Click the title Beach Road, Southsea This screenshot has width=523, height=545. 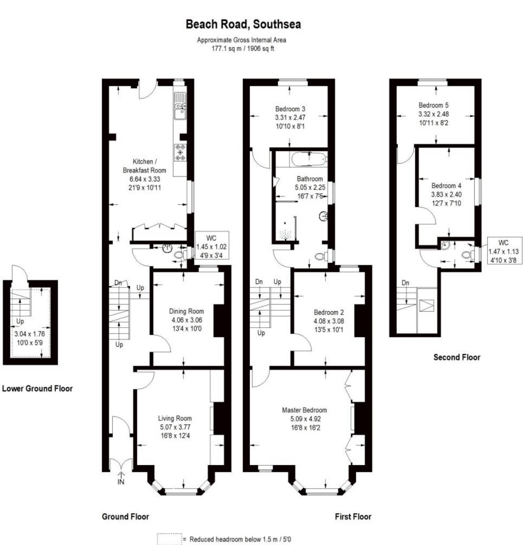(243, 24)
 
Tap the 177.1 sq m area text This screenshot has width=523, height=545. (226, 48)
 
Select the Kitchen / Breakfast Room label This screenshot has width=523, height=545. (144, 166)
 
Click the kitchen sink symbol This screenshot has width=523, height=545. (180, 106)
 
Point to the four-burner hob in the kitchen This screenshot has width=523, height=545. (180, 152)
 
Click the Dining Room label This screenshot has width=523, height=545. (186, 311)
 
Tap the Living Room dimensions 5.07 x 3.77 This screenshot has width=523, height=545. (175, 427)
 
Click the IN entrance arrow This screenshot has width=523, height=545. (121, 478)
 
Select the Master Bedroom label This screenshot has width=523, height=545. (304, 410)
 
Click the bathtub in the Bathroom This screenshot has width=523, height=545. (309, 160)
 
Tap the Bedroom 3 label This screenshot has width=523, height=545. (290, 109)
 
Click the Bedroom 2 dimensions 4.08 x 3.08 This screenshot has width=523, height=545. (329, 321)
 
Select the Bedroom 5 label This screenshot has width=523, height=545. (434, 106)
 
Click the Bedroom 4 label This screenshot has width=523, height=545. (446, 186)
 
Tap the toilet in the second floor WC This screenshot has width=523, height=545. (467, 255)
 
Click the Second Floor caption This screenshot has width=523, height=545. (457, 357)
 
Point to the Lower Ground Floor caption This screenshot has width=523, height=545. (37, 389)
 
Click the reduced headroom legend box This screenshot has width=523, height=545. (169, 539)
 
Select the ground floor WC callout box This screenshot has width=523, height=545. (212, 245)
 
